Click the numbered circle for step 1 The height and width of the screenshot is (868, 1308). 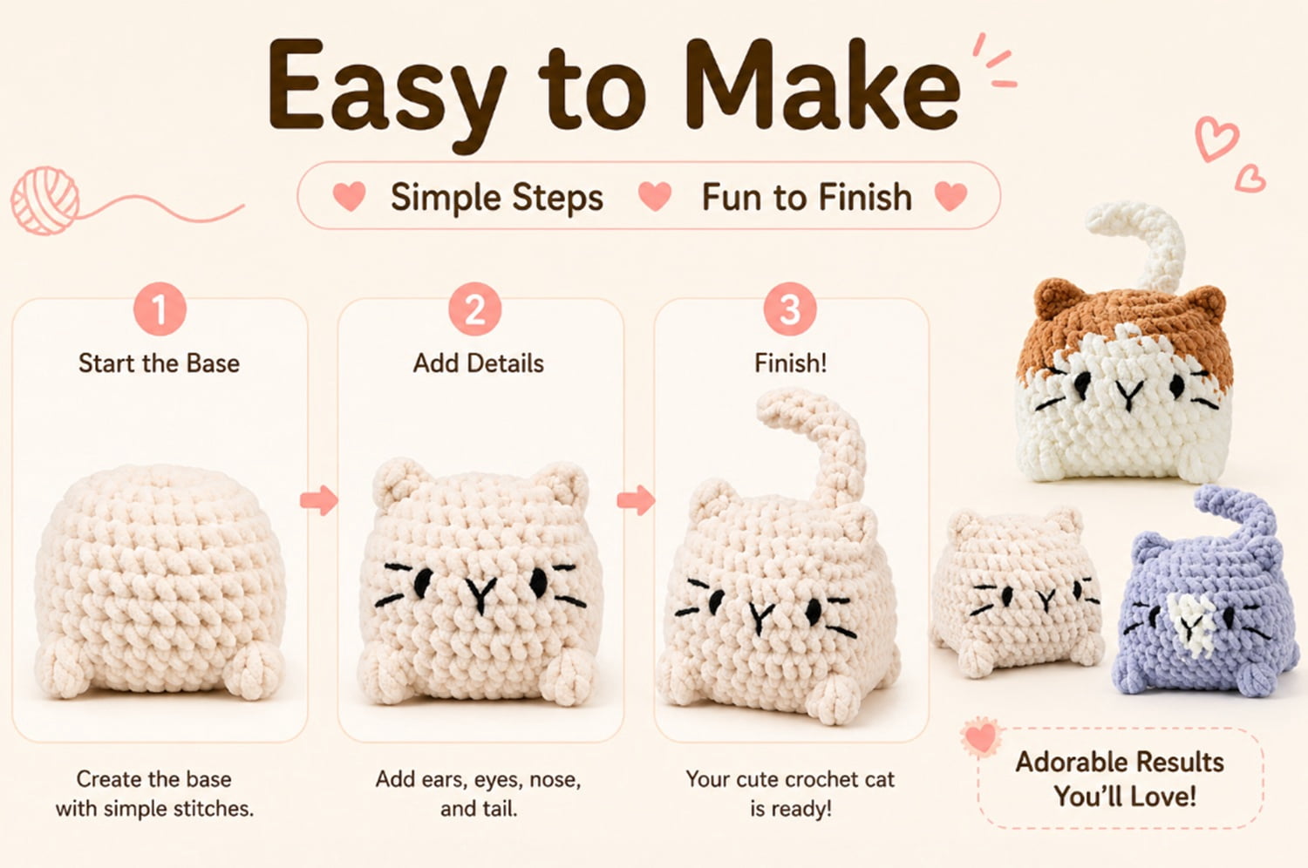click(160, 309)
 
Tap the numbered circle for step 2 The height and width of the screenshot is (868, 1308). click(474, 309)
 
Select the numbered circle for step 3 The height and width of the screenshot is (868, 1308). click(790, 309)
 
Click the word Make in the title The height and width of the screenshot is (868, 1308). click(821, 85)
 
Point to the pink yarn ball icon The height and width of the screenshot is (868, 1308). click(45, 200)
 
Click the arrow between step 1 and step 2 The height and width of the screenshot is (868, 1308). click(319, 500)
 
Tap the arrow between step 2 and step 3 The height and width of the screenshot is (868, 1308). click(636, 500)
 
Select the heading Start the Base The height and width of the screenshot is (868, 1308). click(159, 363)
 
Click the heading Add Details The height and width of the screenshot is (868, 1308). click(478, 363)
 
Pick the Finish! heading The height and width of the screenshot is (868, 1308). click(791, 363)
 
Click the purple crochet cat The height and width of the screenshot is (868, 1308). click(1206, 607)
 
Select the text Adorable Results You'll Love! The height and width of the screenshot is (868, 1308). click(1121, 779)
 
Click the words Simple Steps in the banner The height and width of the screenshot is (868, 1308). click(497, 197)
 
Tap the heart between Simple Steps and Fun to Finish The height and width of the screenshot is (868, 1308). click(655, 195)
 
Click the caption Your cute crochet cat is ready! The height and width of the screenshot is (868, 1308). click(791, 794)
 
